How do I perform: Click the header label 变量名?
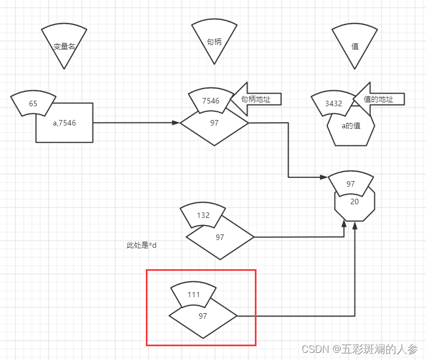[x=64, y=47]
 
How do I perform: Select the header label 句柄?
[x=214, y=42]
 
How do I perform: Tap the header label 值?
[x=355, y=47]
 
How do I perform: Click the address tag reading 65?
[x=33, y=103]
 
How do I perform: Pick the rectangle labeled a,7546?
[x=64, y=123]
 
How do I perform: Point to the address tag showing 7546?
[x=210, y=101]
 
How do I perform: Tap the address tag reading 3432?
[x=334, y=103]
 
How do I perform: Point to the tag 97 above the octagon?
[x=351, y=184]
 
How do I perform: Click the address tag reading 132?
[x=203, y=215]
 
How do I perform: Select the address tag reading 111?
[x=194, y=294]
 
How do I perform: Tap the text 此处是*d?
[x=141, y=245]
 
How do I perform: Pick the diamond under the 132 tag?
[x=220, y=240]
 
